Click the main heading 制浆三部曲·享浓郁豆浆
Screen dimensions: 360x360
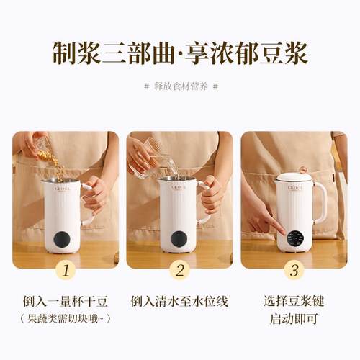click(x=180, y=53)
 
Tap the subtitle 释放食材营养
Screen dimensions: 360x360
click(x=180, y=86)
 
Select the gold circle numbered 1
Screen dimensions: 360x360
click(x=66, y=271)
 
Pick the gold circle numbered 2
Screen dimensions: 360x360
click(x=180, y=271)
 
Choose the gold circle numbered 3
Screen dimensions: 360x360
click(x=294, y=271)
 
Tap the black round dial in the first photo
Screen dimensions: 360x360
click(x=63, y=240)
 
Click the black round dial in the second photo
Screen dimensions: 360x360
click(x=177, y=240)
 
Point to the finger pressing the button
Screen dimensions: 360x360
click(x=278, y=229)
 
